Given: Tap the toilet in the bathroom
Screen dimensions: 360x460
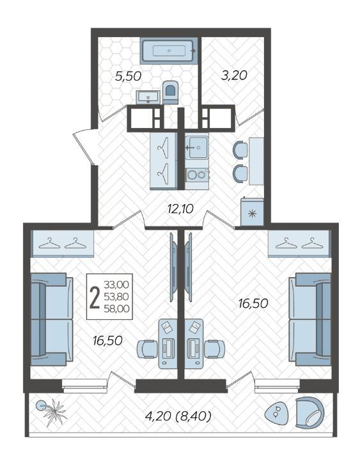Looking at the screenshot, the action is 170,92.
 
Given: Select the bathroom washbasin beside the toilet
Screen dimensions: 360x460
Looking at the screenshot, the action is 148,97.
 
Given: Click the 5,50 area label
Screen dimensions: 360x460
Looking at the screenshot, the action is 128,77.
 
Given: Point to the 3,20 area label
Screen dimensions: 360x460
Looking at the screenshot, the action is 234,75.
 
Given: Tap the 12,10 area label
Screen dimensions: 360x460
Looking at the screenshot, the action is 180,209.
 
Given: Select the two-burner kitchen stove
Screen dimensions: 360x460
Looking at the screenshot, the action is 197,175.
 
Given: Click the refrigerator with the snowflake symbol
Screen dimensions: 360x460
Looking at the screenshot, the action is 252,212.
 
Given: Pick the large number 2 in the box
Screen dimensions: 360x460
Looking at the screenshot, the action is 95,297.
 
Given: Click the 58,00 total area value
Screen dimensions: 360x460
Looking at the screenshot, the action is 116,308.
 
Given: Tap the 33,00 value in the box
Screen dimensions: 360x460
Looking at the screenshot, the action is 116,285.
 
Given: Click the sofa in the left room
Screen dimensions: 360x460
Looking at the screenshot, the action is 52,319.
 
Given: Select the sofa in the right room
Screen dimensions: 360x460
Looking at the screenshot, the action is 310,319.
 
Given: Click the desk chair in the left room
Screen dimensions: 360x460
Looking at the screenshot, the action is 147,349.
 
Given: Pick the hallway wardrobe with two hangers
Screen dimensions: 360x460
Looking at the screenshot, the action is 164,161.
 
